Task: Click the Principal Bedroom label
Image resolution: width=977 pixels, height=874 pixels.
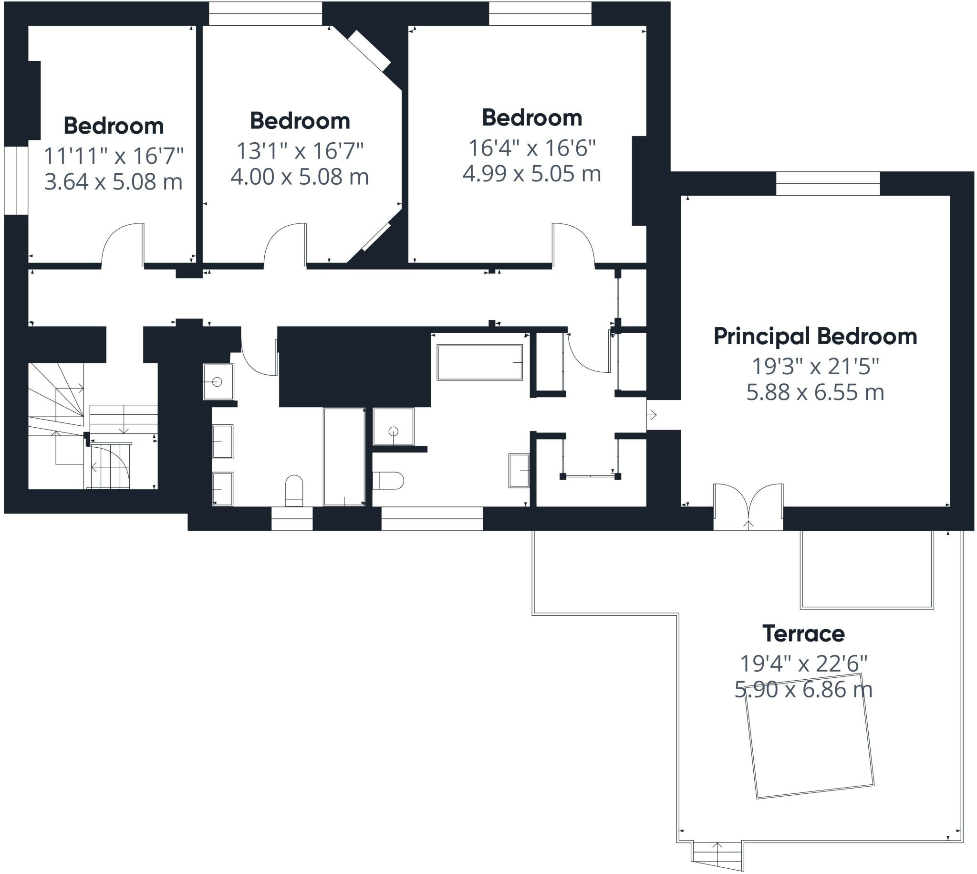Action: click(815, 337)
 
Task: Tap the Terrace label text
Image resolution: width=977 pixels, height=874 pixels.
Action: click(803, 634)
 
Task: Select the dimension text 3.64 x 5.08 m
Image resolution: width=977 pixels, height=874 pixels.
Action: click(113, 182)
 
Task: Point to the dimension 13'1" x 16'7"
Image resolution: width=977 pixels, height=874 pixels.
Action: click(300, 151)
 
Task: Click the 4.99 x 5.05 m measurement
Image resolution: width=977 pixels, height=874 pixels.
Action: click(532, 174)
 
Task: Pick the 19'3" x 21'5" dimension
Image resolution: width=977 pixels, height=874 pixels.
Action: click(815, 367)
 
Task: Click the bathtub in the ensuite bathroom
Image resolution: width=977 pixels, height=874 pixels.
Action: click(479, 363)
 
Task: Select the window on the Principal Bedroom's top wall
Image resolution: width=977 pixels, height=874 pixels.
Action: click(828, 183)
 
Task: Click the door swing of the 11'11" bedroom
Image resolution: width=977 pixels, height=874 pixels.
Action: click(123, 244)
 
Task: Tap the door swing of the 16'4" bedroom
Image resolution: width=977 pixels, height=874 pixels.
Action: click(573, 244)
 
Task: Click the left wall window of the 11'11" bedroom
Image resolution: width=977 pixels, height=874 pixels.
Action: click(16, 180)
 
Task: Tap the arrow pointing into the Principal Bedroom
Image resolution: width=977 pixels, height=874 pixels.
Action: click(652, 415)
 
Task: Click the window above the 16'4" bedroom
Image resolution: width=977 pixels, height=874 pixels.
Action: click(540, 13)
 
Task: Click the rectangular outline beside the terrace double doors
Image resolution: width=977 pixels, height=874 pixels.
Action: click(866, 569)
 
